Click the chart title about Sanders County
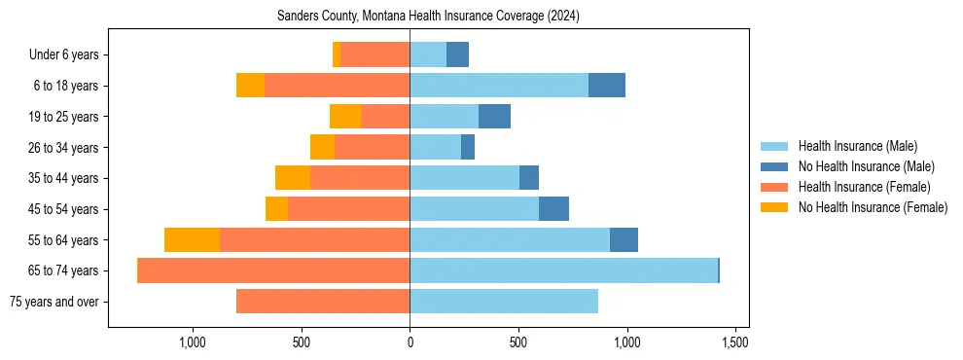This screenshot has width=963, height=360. pyautogui.click(x=428, y=17)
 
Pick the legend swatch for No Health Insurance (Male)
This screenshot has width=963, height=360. pyautogui.click(x=775, y=166)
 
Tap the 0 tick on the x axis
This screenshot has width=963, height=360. pyautogui.click(x=410, y=343)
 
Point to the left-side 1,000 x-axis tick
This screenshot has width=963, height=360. pyautogui.click(x=193, y=343)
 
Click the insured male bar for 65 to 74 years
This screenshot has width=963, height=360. pyautogui.click(x=563, y=270)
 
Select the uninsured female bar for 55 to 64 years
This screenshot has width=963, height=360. pyautogui.click(x=192, y=239)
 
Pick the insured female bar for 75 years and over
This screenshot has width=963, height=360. pyautogui.click(x=323, y=302)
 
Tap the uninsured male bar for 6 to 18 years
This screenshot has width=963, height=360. pyautogui.click(x=607, y=86)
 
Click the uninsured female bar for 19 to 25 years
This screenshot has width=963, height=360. pyautogui.click(x=345, y=117)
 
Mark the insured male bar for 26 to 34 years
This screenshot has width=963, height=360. pyautogui.click(x=435, y=147)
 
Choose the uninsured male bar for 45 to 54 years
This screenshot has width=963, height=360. pyautogui.click(x=553, y=209)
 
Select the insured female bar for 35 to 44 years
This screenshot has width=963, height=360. pyautogui.click(x=360, y=178)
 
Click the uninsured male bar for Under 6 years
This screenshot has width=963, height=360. pyautogui.click(x=457, y=54)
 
